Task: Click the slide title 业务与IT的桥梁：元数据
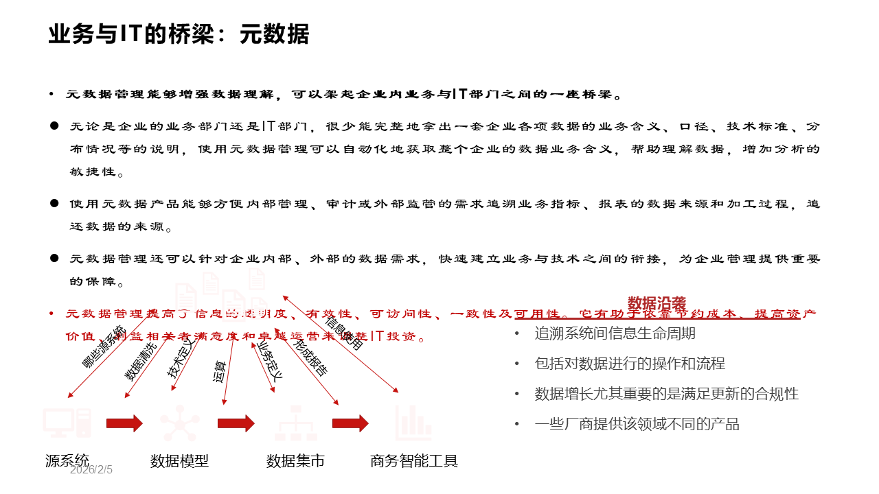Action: [179, 34]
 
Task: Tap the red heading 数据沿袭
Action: [657, 303]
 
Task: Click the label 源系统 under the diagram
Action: [67, 460]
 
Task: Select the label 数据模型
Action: [179, 460]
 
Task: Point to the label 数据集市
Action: [295, 460]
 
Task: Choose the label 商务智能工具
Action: [414, 460]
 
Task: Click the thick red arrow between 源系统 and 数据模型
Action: [124, 423]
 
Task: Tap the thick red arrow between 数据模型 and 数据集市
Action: [236, 423]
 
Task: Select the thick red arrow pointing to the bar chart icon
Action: [350, 423]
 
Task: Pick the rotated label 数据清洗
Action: [140, 362]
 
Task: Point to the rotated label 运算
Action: [220, 370]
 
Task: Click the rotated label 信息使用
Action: [343, 332]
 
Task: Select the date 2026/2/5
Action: [91, 470]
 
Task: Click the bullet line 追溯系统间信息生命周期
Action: [615, 333]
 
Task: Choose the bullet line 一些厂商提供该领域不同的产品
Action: [637, 424]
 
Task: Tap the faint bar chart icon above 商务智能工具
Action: [413, 421]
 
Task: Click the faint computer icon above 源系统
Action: [67, 422]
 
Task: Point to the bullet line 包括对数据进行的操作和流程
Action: [630, 364]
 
